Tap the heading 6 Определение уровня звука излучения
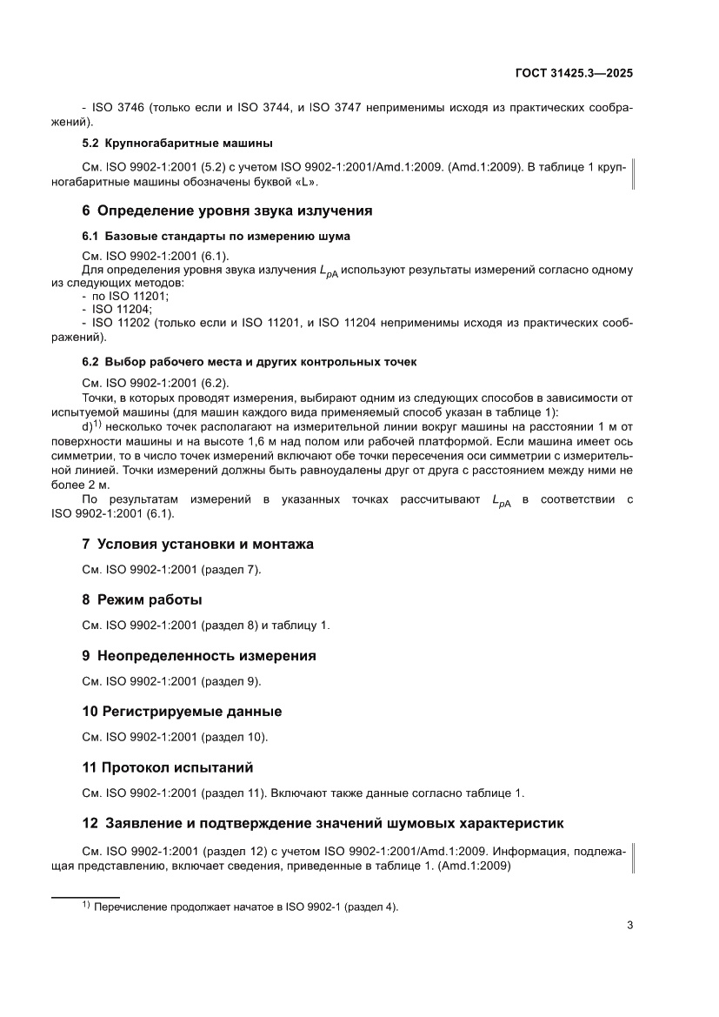pyautogui.click(x=227, y=211)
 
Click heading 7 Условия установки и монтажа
pyautogui.click(x=197, y=544)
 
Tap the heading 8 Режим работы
pyautogui.click(x=142, y=599)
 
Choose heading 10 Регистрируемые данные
pyautogui.click(x=182, y=712)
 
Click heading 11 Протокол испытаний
pyautogui.click(x=167, y=767)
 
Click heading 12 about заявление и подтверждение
pyautogui.click(x=323, y=823)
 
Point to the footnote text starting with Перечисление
pyautogui.click(x=245, y=907)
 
